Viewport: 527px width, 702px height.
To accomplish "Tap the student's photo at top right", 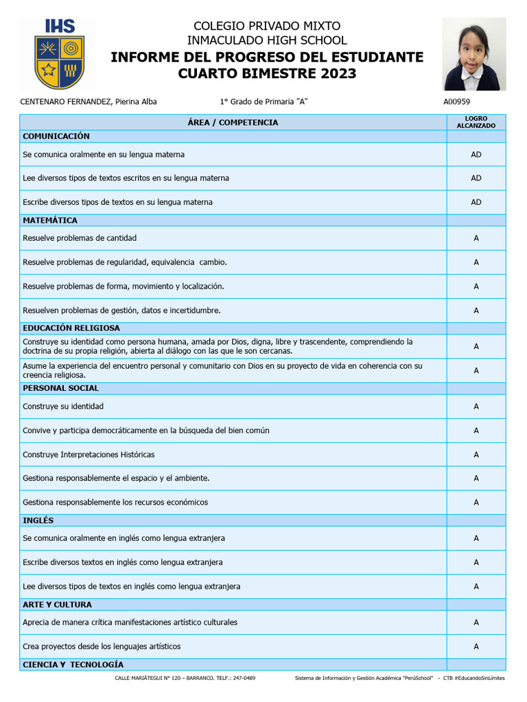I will click(474, 54).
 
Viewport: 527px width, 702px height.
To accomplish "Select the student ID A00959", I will click(457, 101).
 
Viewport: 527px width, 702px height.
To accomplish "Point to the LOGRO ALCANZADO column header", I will click(476, 122).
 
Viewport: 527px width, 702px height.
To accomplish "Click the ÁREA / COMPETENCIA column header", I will click(233, 122).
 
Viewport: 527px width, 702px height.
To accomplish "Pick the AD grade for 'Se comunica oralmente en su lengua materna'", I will click(476, 154).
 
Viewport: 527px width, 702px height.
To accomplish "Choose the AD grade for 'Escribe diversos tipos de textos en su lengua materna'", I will click(476, 202).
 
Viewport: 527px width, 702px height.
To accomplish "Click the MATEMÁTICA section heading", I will click(50, 220).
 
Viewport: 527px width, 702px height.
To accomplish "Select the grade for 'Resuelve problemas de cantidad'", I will click(476, 238).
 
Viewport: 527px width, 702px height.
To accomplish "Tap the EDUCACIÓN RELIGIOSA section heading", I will click(71, 328).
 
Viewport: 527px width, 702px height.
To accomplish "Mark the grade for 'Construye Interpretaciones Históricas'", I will click(476, 455).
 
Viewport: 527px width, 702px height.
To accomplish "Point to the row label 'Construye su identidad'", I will click(63, 407).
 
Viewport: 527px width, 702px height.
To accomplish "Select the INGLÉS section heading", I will click(38, 520).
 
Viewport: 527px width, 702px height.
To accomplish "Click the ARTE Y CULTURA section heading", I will click(57, 605).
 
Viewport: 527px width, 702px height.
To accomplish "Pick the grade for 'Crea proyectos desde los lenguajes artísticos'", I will click(476, 646).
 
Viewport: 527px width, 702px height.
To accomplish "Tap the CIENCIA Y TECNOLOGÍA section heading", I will click(73, 664).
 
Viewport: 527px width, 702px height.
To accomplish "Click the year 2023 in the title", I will click(337, 73).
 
